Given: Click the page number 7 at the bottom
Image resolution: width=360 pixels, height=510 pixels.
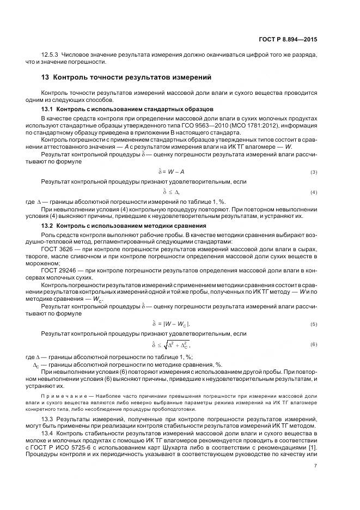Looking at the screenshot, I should (x=316, y=465).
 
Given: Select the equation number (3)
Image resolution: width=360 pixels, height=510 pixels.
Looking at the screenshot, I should (x=314, y=173).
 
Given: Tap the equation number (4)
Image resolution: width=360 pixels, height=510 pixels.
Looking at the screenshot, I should (x=314, y=193).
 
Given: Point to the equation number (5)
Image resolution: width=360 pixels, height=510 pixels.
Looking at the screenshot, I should (x=314, y=324).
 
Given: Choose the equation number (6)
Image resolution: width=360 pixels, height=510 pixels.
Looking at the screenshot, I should (x=314, y=344).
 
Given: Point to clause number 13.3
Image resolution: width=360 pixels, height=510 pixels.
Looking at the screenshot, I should (x=48, y=418).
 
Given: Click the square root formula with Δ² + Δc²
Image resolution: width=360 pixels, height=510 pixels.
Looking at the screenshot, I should (x=174, y=344).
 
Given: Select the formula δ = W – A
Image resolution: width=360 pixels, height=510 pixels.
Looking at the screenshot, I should (x=171, y=173).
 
